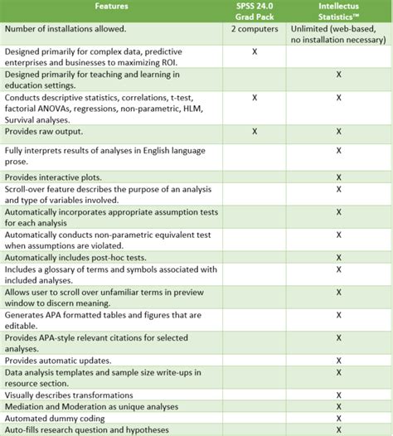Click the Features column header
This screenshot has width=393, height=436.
pos(111,6)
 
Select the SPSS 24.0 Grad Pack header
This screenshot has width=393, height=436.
pos(255,12)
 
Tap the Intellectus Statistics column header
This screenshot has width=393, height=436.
pos(338,12)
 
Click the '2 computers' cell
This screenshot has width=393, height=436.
pos(255,29)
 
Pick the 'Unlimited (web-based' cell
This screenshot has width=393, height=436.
pos(338,29)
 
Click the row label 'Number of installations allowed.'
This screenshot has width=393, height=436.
pos(65,29)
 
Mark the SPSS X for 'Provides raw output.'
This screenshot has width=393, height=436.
pos(255,132)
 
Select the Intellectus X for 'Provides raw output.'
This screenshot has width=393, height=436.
pos(339,132)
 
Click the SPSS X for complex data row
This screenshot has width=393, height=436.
pos(255,51)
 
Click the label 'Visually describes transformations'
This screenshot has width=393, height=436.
pos(75,395)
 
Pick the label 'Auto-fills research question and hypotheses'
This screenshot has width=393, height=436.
pos(87,429)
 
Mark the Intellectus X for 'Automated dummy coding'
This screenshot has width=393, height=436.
pos(339,418)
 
